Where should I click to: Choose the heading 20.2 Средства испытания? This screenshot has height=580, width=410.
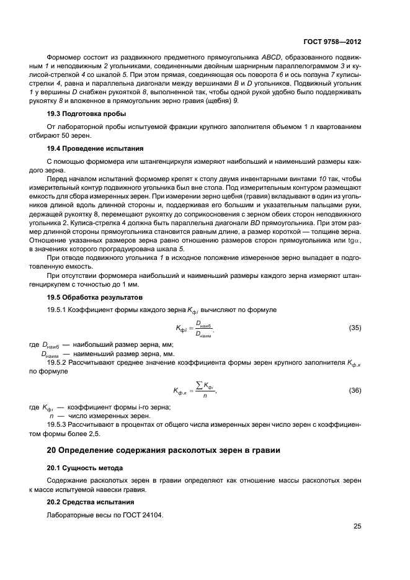[x=90, y=501]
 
